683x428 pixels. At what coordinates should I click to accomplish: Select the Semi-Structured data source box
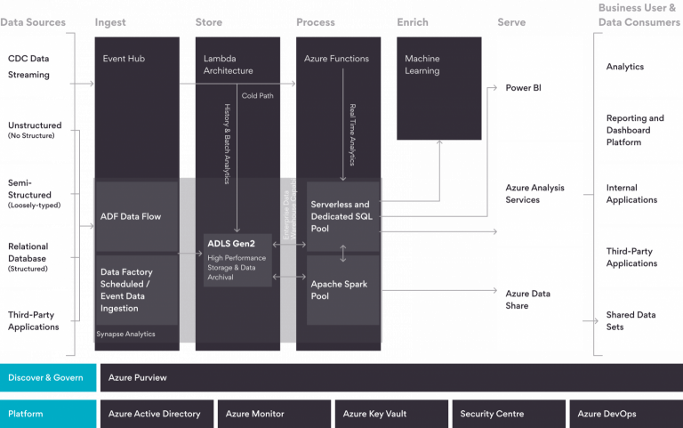coord(36,193)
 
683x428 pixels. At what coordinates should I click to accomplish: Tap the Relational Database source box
coord(36,255)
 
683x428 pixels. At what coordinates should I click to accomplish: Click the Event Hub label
coord(124,59)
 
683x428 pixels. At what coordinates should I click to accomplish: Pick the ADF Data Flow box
coord(137,216)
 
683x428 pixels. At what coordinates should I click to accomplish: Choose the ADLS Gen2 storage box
coord(237,259)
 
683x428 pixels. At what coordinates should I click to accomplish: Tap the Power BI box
coord(540,88)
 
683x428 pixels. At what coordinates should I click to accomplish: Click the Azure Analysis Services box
coord(540,194)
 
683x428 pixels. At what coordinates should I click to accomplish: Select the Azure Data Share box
coord(540,299)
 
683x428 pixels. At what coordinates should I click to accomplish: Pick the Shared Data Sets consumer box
coord(639,320)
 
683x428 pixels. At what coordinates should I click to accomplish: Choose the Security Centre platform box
coord(506,414)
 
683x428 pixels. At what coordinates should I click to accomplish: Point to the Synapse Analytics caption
coord(125,334)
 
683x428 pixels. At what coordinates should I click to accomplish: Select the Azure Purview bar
coord(390,377)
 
